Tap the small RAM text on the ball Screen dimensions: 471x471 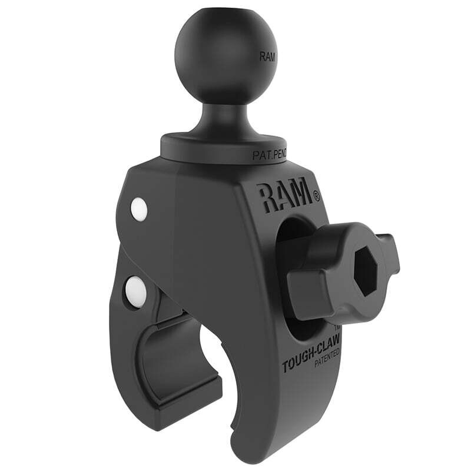pyautogui.click(x=266, y=58)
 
